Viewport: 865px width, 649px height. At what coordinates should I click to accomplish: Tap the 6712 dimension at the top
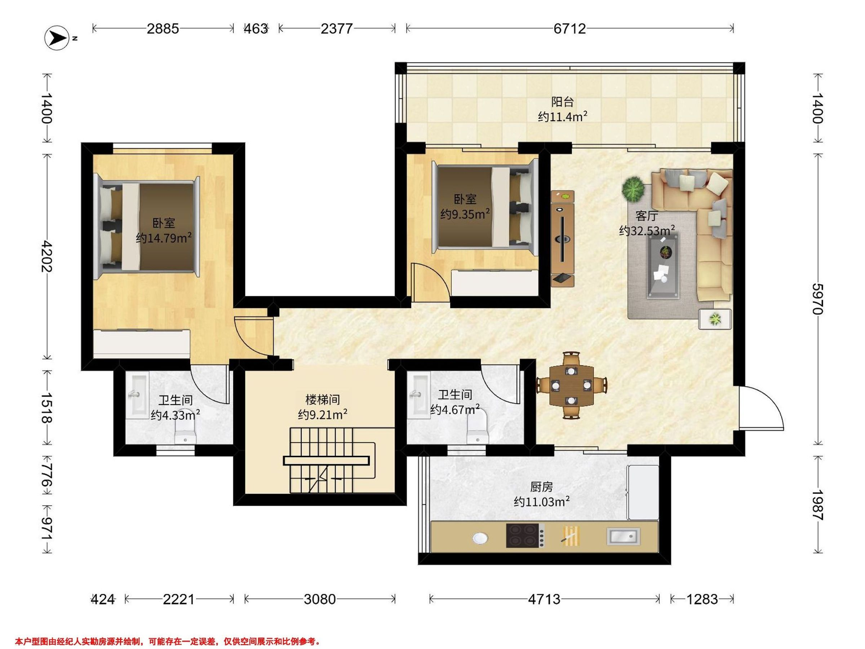click(569, 28)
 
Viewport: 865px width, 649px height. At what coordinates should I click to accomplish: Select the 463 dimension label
click(256, 28)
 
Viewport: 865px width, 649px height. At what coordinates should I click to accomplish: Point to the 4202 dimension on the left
click(47, 256)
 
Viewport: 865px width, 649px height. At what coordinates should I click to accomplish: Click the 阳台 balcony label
click(562, 102)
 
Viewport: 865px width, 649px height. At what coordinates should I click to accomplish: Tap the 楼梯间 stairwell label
click(323, 399)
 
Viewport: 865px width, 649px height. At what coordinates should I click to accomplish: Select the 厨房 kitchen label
click(542, 487)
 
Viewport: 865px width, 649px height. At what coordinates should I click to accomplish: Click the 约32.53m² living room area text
click(647, 230)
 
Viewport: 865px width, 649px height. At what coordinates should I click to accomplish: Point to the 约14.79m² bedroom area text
click(164, 238)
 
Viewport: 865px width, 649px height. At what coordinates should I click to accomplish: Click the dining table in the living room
click(571, 385)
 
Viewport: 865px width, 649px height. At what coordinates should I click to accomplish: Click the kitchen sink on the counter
click(623, 537)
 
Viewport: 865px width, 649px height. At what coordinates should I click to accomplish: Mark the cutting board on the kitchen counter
click(571, 535)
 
